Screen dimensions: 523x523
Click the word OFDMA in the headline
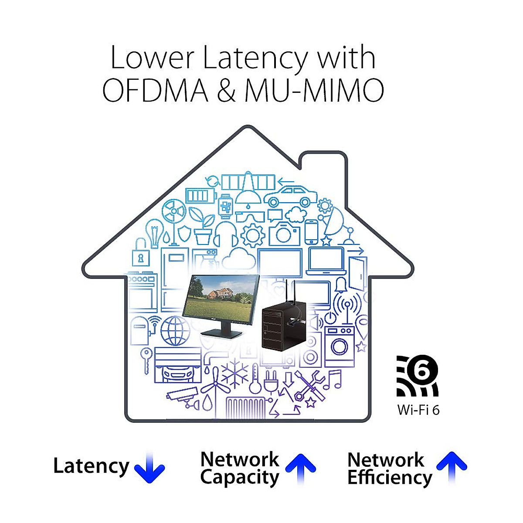click(x=156, y=90)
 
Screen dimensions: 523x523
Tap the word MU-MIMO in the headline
click(x=314, y=90)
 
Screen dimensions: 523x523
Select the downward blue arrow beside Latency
click(x=149, y=466)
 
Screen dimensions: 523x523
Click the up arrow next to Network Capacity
click(x=301, y=469)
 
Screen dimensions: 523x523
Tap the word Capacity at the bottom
click(x=240, y=478)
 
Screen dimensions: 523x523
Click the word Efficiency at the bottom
click(x=390, y=478)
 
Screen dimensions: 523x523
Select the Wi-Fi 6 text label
click(x=418, y=410)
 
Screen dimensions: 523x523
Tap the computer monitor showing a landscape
click(x=221, y=306)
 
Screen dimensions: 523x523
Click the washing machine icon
click(x=340, y=347)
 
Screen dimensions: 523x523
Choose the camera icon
click(x=285, y=234)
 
